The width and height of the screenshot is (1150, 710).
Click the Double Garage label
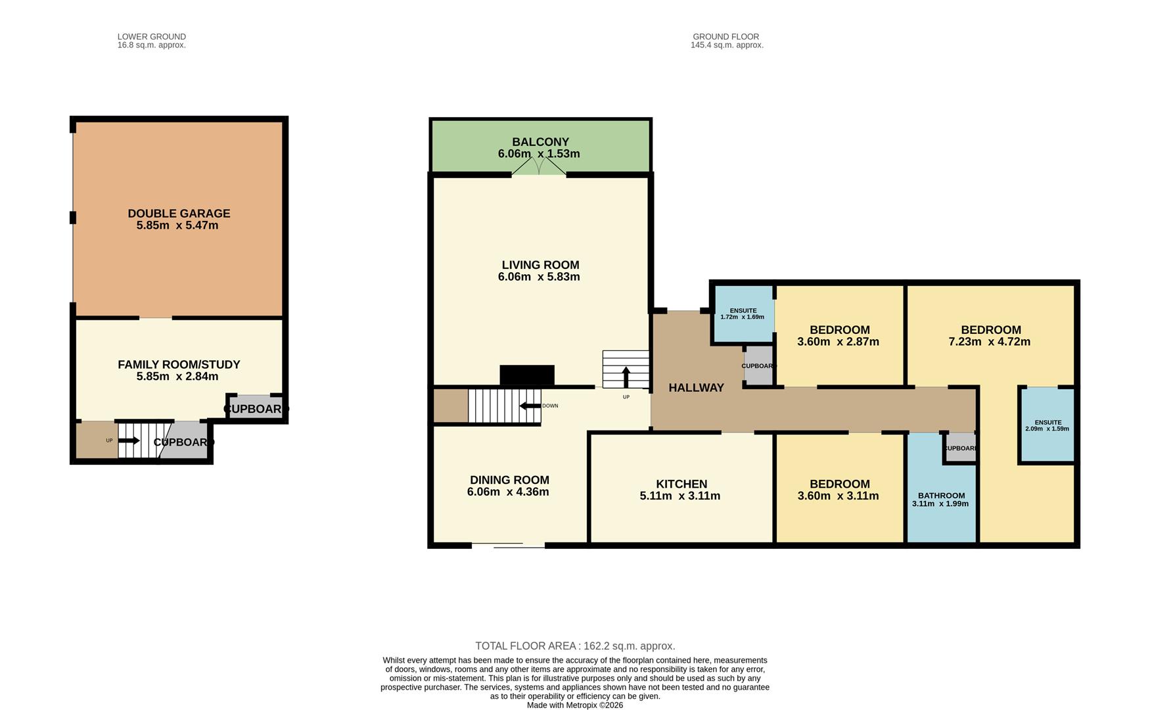(179, 214)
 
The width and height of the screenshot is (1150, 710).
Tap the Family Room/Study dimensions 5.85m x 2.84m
(177, 377)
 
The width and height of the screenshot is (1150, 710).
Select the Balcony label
(540, 142)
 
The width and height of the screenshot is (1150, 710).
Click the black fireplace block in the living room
(527, 375)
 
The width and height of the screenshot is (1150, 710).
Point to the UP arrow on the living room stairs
(626, 377)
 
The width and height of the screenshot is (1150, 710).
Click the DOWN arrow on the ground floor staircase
(530, 406)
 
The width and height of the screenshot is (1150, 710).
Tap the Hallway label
(696, 388)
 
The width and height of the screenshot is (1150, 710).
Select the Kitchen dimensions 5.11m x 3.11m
(679, 496)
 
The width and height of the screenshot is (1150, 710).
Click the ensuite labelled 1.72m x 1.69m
(743, 314)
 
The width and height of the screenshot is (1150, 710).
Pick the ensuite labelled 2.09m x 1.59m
(1047, 425)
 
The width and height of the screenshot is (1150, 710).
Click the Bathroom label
(941, 496)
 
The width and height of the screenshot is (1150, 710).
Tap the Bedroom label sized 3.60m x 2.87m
(839, 330)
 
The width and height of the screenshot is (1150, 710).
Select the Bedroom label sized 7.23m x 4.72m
(990, 330)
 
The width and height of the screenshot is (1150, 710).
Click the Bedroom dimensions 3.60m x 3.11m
(838, 496)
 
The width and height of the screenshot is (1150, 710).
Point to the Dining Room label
(509, 480)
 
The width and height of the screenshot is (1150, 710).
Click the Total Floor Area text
(575, 646)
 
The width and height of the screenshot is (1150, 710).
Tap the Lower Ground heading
(151, 37)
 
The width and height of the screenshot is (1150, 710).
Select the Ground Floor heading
(725, 37)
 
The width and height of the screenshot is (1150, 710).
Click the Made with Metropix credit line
(574, 705)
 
